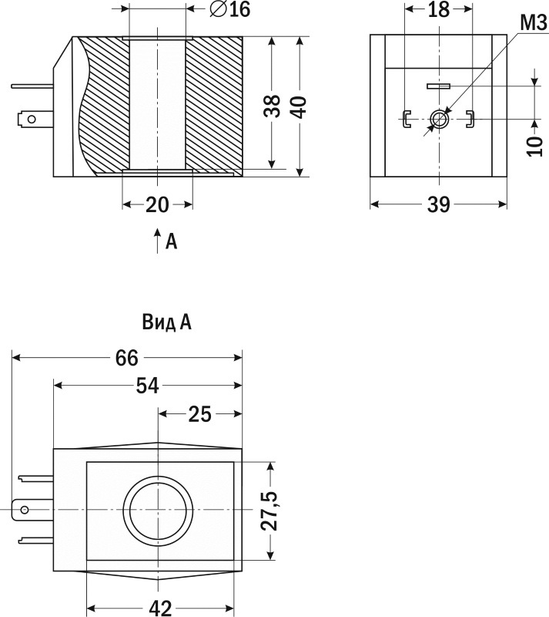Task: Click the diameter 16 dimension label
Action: coord(230,10)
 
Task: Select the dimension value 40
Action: coord(300,106)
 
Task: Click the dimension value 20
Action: coord(157,204)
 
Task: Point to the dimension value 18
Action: coord(438,10)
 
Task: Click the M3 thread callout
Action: coord(532,22)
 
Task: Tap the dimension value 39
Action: coord(438,204)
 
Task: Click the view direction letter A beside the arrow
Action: coord(172,242)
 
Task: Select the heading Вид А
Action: coord(167,322)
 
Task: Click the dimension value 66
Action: coord(127,358)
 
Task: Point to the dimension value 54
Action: coord(146,386)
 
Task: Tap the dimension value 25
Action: coord(199,414)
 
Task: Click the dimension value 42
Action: coord(159,608)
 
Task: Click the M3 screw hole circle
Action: coord(439,119)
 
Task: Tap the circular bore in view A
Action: coord(158,511)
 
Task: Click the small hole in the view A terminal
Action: coord(25,510)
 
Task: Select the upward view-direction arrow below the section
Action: coord(157,239)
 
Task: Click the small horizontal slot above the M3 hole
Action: coord(439,86)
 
